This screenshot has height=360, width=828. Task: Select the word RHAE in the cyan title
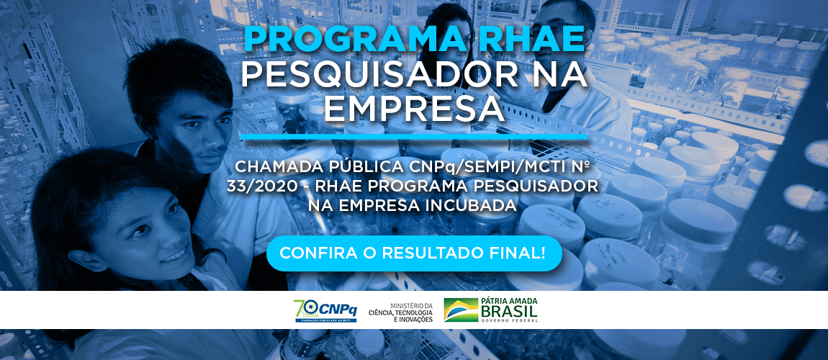(526, 40)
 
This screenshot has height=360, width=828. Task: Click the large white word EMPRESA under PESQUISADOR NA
(414, 107)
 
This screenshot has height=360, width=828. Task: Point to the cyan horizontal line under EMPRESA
(414, 137)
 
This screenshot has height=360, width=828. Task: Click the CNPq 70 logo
(325, 310)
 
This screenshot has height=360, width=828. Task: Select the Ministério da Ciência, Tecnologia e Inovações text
(411, 312)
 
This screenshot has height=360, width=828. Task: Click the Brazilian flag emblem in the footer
(461, 310)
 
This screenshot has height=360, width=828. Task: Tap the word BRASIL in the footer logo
(509, 312)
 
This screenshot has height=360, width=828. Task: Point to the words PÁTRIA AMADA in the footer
(509, 302)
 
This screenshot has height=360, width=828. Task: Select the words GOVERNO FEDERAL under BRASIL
(509, 320)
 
